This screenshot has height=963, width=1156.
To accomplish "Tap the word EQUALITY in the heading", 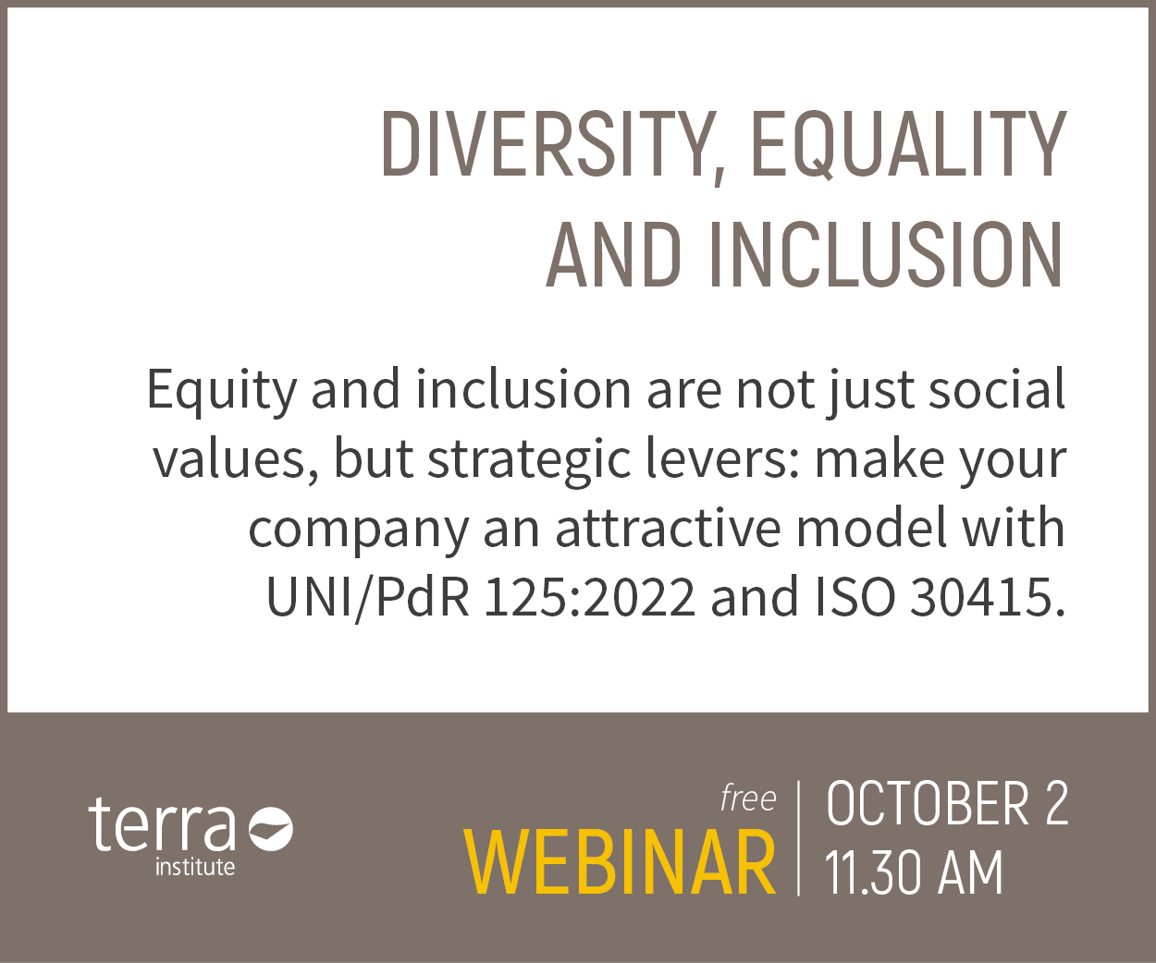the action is (908, 145).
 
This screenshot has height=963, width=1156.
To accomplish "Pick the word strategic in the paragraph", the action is (529, 461).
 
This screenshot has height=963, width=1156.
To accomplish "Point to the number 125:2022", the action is (590, 598).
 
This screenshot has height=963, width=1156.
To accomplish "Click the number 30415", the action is (988, 598).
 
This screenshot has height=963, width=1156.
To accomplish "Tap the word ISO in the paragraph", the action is (855, 598).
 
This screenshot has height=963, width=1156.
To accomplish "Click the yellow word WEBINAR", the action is (620, 862).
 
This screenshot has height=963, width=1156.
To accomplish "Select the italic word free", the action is (748, 798).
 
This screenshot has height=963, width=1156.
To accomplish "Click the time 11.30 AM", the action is (914, 872).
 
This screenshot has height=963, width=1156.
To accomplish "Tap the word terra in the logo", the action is (162, 824).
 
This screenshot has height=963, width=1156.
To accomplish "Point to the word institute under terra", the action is (195, 867).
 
